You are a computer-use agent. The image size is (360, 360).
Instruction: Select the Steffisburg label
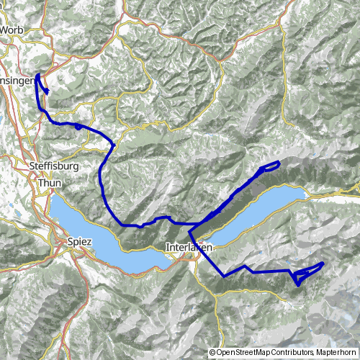54,168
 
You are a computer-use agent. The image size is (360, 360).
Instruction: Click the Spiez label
79,242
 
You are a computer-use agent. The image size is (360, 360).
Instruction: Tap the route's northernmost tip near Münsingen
37,75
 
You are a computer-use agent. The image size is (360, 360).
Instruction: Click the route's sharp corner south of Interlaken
224,276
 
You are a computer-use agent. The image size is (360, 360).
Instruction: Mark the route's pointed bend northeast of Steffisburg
114,145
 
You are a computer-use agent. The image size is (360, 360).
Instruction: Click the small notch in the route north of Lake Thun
141,225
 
